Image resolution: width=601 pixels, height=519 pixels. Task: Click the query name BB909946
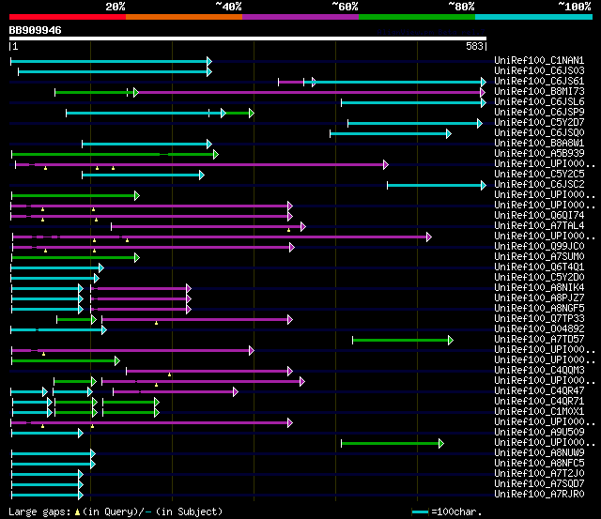click(x=36, y=30)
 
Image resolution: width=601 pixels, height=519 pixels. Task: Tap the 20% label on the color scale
click(x=116, y=6)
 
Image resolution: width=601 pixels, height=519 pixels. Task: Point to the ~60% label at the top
click(x=345, y=6)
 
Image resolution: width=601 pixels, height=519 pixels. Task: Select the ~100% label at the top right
click(x=575, y=6)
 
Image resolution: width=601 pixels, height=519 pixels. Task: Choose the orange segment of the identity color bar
click(x=184, y=16)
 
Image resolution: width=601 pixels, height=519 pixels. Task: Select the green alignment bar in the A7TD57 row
click(x=402, y=340)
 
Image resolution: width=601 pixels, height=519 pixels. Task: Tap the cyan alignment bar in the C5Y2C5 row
click(x=141, y=175)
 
